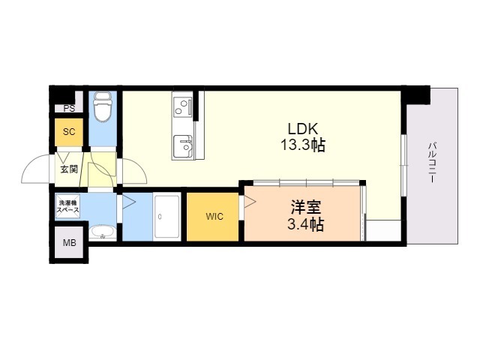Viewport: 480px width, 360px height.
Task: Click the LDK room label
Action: [303, 129]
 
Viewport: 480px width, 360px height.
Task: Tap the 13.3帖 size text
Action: [303, 145]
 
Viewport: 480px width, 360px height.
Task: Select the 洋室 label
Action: [306, 207]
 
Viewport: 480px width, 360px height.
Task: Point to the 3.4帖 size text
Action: [305, 225]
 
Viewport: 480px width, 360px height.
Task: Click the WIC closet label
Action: [214, 217]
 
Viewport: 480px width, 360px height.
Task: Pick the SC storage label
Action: [69, 132]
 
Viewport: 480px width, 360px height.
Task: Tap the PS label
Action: [69, 108]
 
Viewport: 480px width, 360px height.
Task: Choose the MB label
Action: [70, 243]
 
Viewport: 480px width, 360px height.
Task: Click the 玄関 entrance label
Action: [69, 169]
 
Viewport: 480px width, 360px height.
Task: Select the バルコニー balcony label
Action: [432, 162]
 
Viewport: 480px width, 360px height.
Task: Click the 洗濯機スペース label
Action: [68, 206]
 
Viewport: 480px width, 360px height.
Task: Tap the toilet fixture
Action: [103, 106]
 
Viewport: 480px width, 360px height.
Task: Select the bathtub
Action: [166, 217]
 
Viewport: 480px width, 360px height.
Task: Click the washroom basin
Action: [103, 232]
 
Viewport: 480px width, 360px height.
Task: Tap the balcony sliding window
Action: [404, 165]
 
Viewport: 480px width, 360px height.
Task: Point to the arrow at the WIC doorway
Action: [250, 202]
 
